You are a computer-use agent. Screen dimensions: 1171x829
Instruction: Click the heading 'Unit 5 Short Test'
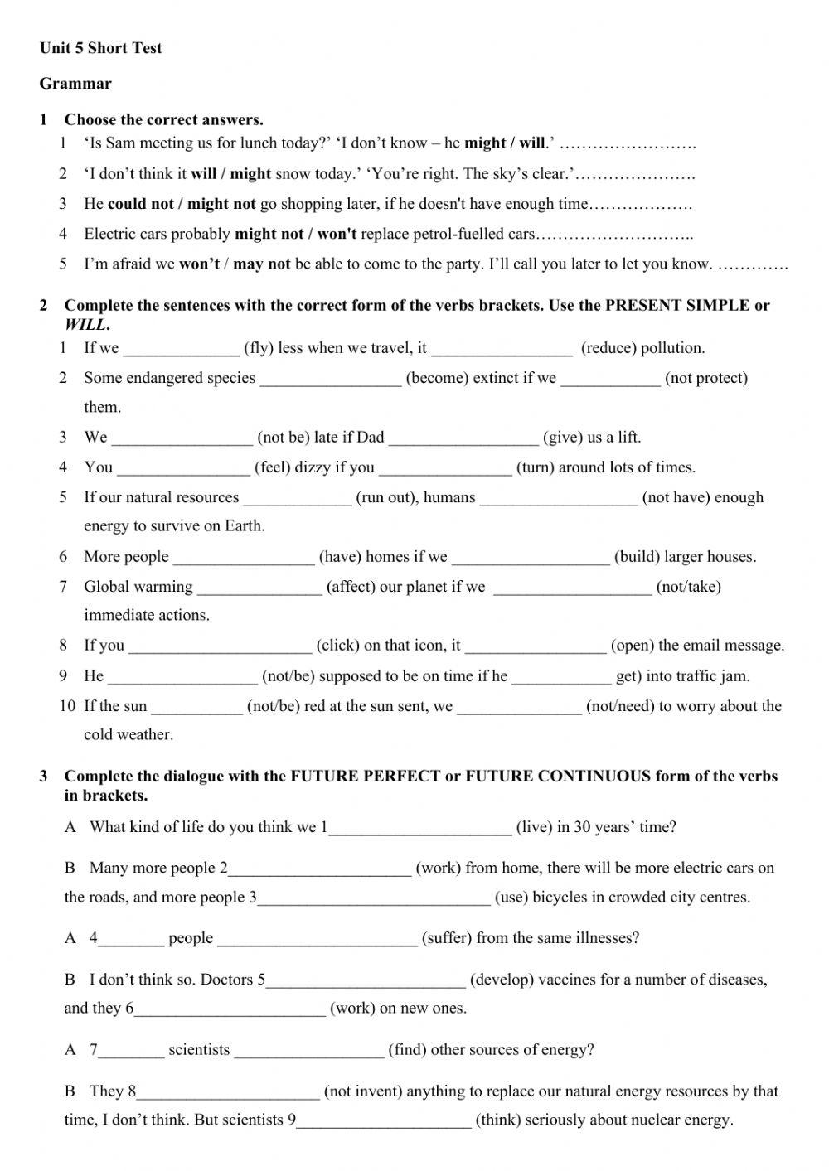(x=100, y=48)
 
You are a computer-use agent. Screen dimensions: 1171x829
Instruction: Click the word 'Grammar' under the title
(x=75, y=84)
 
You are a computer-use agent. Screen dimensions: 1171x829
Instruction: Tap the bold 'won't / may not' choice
(x=235, y=264)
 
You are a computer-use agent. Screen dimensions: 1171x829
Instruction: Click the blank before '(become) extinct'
(x=330, y=379)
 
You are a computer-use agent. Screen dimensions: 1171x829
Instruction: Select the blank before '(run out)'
(x=297, y=498)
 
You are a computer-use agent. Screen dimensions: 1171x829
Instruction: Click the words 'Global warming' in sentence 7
(x=138, y=587)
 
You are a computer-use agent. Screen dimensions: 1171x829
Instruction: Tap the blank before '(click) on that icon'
(x=220, y=646)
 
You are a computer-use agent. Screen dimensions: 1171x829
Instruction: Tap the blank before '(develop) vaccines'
(x=366, y=980)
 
